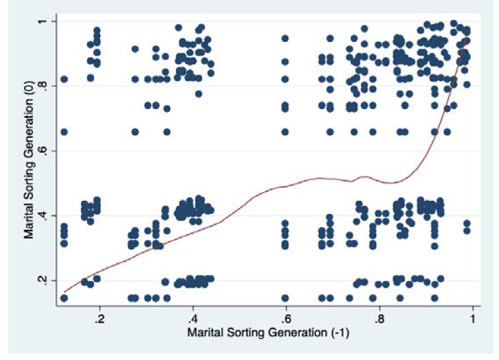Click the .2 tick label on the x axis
[x=99, y=320]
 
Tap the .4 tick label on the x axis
[x=193, y=320]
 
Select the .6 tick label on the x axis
[x=286, y=320]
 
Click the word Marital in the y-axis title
[x=30, y=219]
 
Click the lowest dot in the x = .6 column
[x=285, y=298]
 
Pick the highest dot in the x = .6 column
[x=285, y=38]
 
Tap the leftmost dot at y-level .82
[x=64, y=79]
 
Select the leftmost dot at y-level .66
[x=64, y=132]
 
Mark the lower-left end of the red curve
[x=65, y=292]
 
